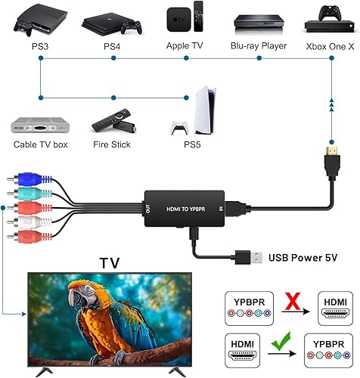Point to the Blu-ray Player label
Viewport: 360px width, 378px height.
pos(259,46)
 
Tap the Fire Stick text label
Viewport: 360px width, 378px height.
pos(110,144)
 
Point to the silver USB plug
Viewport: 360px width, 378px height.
pos(241,257)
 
